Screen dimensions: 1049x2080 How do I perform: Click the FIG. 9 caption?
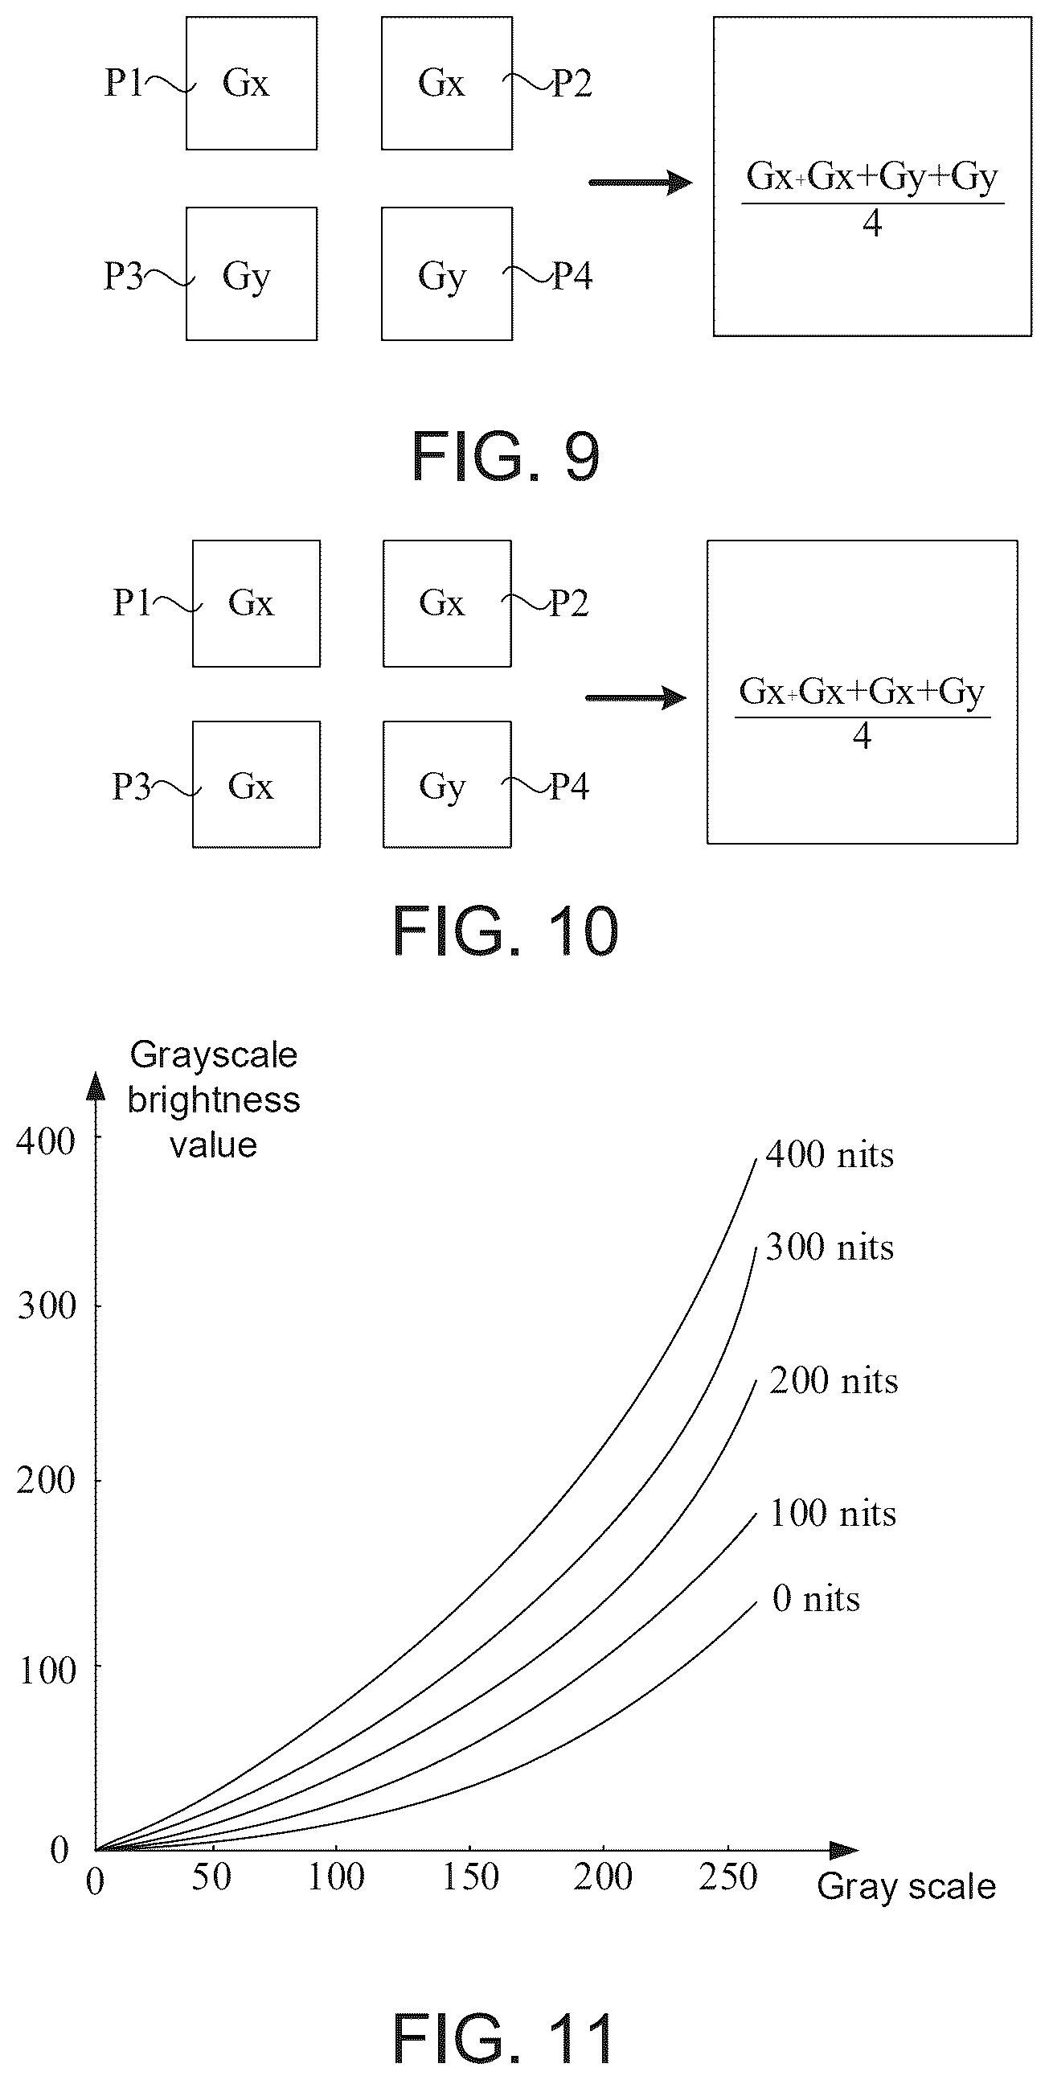(506, 456)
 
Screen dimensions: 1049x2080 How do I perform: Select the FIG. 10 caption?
(506, 931)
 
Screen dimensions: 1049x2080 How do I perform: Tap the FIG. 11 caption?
(505, 2038)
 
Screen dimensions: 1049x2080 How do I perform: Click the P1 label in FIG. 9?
(124, 82)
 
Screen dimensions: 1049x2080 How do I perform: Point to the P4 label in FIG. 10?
(570, 786)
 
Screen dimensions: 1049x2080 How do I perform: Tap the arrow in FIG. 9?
(641, 183)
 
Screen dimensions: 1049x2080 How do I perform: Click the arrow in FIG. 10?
(636, 697)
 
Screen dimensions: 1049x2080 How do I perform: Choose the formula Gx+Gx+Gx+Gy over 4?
(863, 713)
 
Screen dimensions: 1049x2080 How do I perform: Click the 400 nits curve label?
(830, 1156)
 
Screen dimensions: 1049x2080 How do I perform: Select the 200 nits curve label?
(834, 1382)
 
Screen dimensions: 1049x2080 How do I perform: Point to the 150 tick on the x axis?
(470, 1877)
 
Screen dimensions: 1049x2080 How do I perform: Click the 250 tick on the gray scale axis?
(727, 1877)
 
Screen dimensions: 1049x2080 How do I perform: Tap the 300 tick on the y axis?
(46, 1305)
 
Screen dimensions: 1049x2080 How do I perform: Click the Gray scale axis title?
(906, 1887)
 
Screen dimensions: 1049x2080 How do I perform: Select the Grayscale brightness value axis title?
(214, 1100)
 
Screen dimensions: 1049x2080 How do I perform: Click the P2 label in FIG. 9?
(572, 82)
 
